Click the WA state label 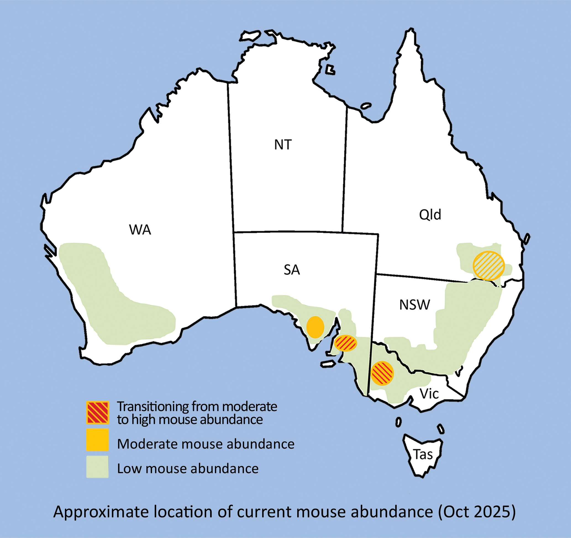140,230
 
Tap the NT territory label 283,145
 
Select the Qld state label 430,215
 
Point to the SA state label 291,270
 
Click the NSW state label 414,305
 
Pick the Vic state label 429,394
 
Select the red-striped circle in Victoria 382,373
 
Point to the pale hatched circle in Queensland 489,266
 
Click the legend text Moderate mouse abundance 206,444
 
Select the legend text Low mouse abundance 188,468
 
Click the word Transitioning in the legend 152,407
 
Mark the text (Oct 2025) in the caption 477,512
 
